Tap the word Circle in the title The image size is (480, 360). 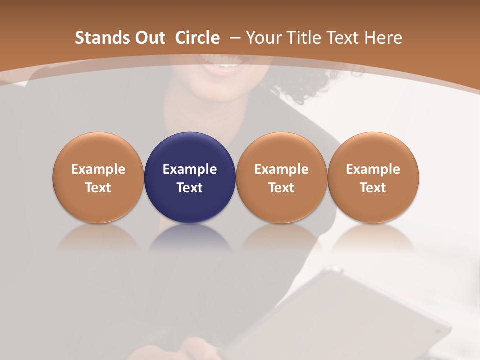pos(197,38)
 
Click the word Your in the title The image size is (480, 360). pos(263,38)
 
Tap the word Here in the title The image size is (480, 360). pos(383,38)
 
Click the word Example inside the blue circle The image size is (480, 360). pos(190,169)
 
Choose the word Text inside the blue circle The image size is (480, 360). pos(190,188)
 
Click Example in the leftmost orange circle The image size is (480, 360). pos(98,169)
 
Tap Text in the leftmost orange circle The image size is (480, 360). pos(98,188)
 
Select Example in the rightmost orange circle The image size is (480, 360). pos(373,169)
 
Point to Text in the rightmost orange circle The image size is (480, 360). pos(373,188)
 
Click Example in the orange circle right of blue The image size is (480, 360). pos(281,169)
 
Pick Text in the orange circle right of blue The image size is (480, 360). pos(281,188)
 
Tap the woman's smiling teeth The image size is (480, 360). pos(229,65)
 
